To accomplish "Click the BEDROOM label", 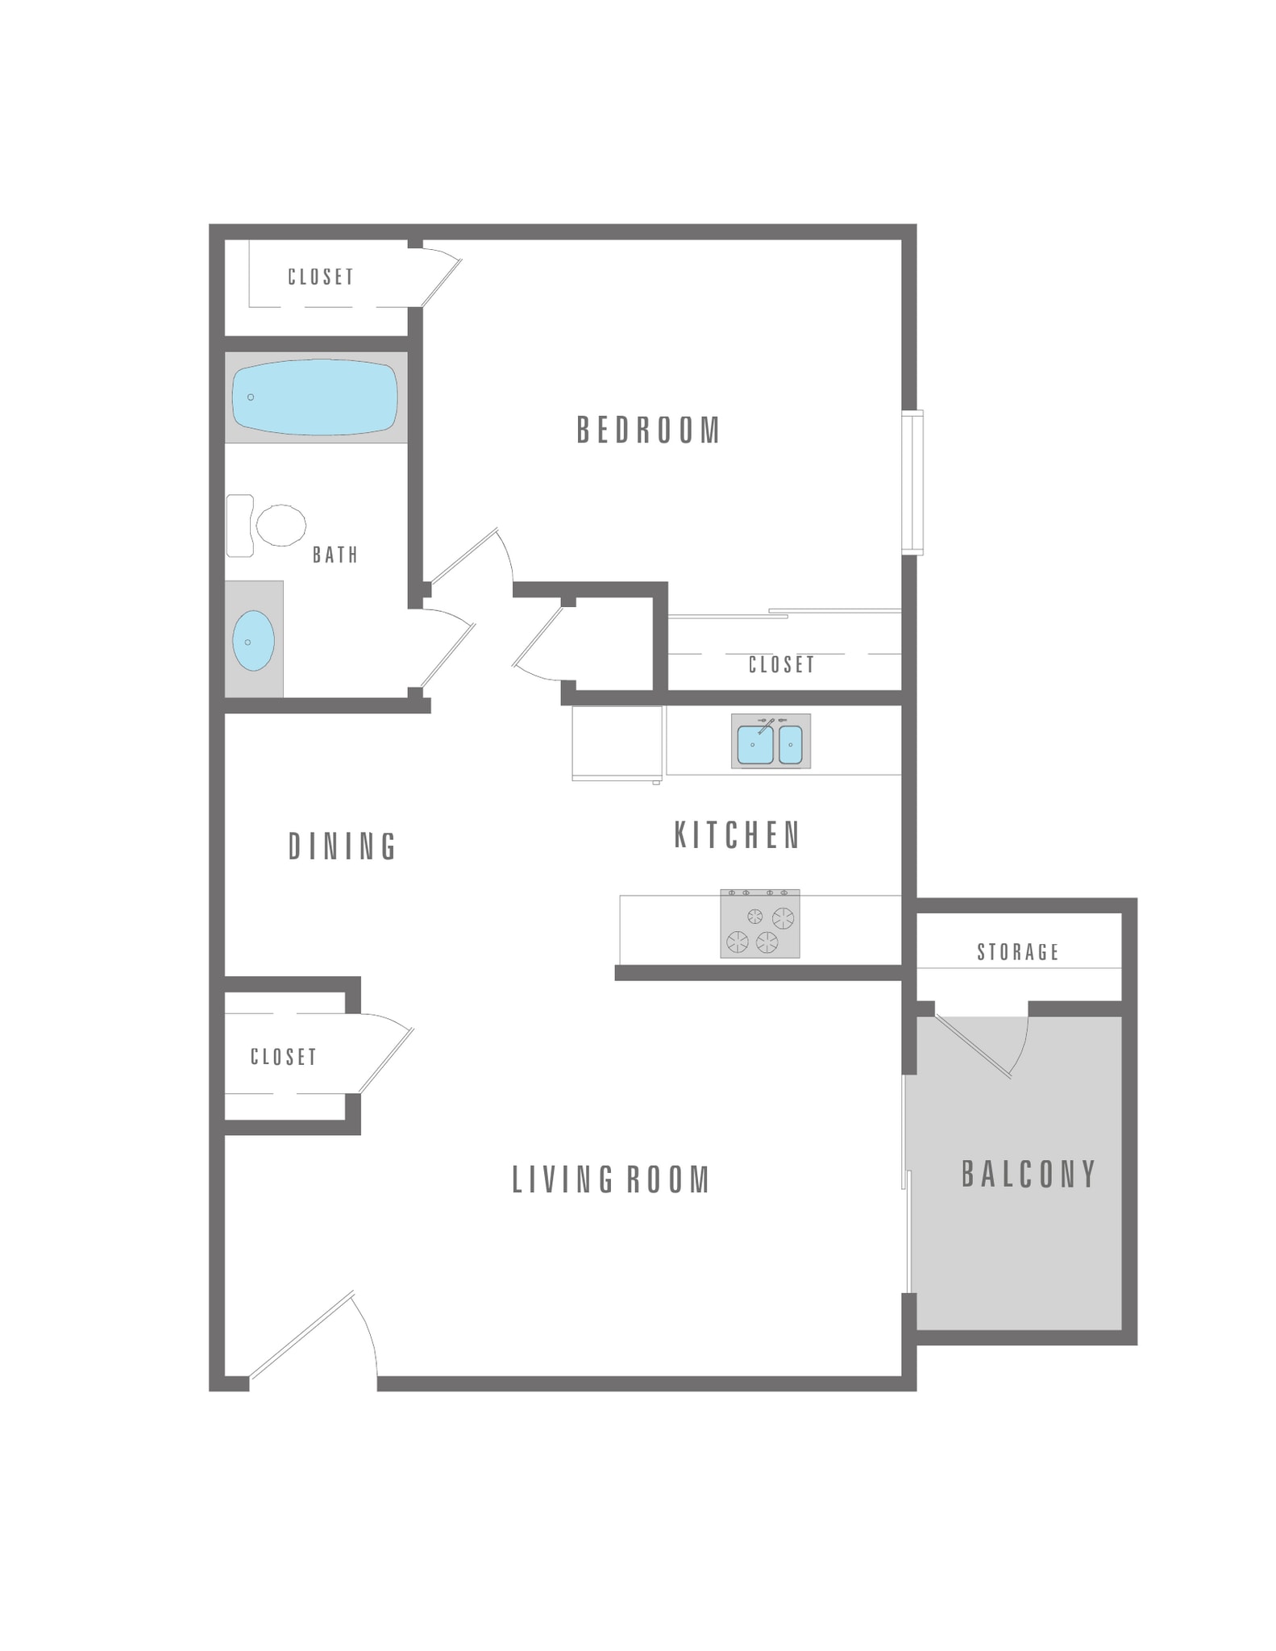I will [648, 430].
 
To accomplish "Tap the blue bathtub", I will [314, 397].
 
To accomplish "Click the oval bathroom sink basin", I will [253, 641].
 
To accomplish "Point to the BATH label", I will [335, 555].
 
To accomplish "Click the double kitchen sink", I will [770, 742].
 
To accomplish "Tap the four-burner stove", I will [759, 924].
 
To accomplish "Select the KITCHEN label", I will [737, 835].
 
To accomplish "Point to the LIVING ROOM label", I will [611, 1179].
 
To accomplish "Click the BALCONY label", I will [1029, 1174].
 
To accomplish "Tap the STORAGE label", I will [1018, 952].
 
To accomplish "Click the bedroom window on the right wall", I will [912, 482].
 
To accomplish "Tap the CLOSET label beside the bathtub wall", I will [321, 277].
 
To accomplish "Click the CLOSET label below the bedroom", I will [781, 664].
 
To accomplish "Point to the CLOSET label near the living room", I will [283, 1057].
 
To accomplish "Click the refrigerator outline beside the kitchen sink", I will [617, 742].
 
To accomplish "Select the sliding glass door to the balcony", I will [905, 1185].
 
